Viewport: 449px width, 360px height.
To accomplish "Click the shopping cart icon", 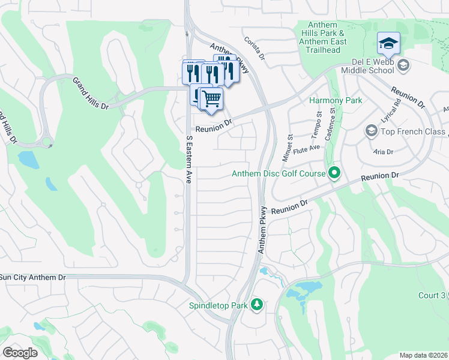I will (x=211, y=98).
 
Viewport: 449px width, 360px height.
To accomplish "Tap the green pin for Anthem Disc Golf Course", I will (x=335, y=174).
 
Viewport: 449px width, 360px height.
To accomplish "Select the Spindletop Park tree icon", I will (x=257, y=305).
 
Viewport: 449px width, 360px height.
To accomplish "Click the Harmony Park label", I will (x=336, y=100).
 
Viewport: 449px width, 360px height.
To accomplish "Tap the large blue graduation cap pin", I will (x=388, y=43).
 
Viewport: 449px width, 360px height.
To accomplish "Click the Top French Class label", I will (x=413, y=131).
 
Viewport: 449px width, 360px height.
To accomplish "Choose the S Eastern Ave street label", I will (x=188, y=159).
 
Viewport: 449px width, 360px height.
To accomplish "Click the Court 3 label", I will (x=432, y=295).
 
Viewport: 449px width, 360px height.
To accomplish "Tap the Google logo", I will (x=19, y=353).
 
